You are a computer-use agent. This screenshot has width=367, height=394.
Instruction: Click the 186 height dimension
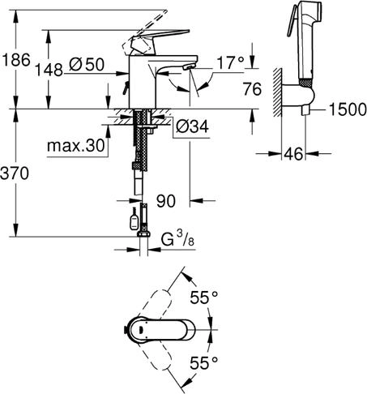[16, 60]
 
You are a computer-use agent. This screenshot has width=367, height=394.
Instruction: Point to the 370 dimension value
[18, 173]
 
